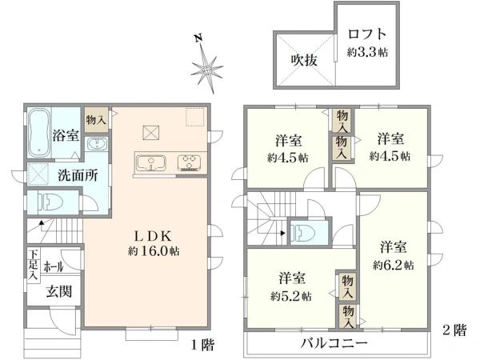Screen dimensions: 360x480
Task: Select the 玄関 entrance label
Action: (58, 292)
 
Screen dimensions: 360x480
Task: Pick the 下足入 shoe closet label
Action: (32, 266)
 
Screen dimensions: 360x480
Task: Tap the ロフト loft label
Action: (368, 35)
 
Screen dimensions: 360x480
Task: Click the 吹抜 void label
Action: (305, 60)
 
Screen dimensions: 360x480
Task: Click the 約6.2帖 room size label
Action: (393, 265)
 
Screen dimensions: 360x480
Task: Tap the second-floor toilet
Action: (306, 233)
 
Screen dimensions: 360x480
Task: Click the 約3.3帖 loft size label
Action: (368, 51)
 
